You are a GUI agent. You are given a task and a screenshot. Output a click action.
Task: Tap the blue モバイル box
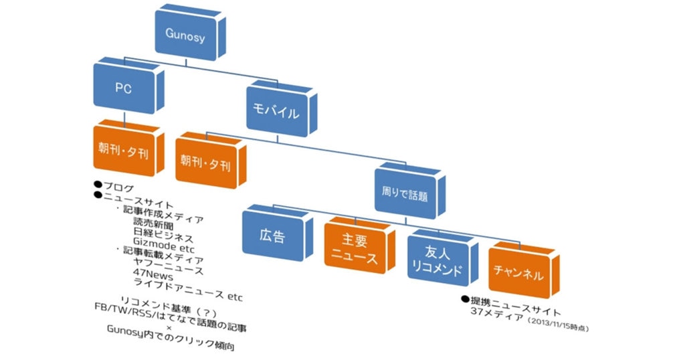[275, 112]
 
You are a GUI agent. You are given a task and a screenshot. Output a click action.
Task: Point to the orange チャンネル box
[518, 274]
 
